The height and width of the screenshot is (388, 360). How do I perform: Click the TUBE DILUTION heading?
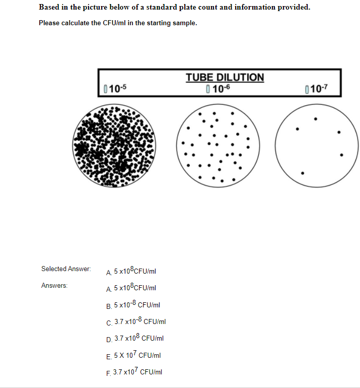[x=225, y=77]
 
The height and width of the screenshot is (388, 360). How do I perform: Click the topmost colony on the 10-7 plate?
[x=316, y=119]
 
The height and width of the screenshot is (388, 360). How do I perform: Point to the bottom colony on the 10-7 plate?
[x=302, y=173]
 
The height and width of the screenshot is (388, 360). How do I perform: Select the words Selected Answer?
[x=66, y=269]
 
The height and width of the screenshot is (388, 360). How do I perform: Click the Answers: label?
[x=54, y=286]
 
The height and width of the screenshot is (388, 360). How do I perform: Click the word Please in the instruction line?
[x=49, y=23]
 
